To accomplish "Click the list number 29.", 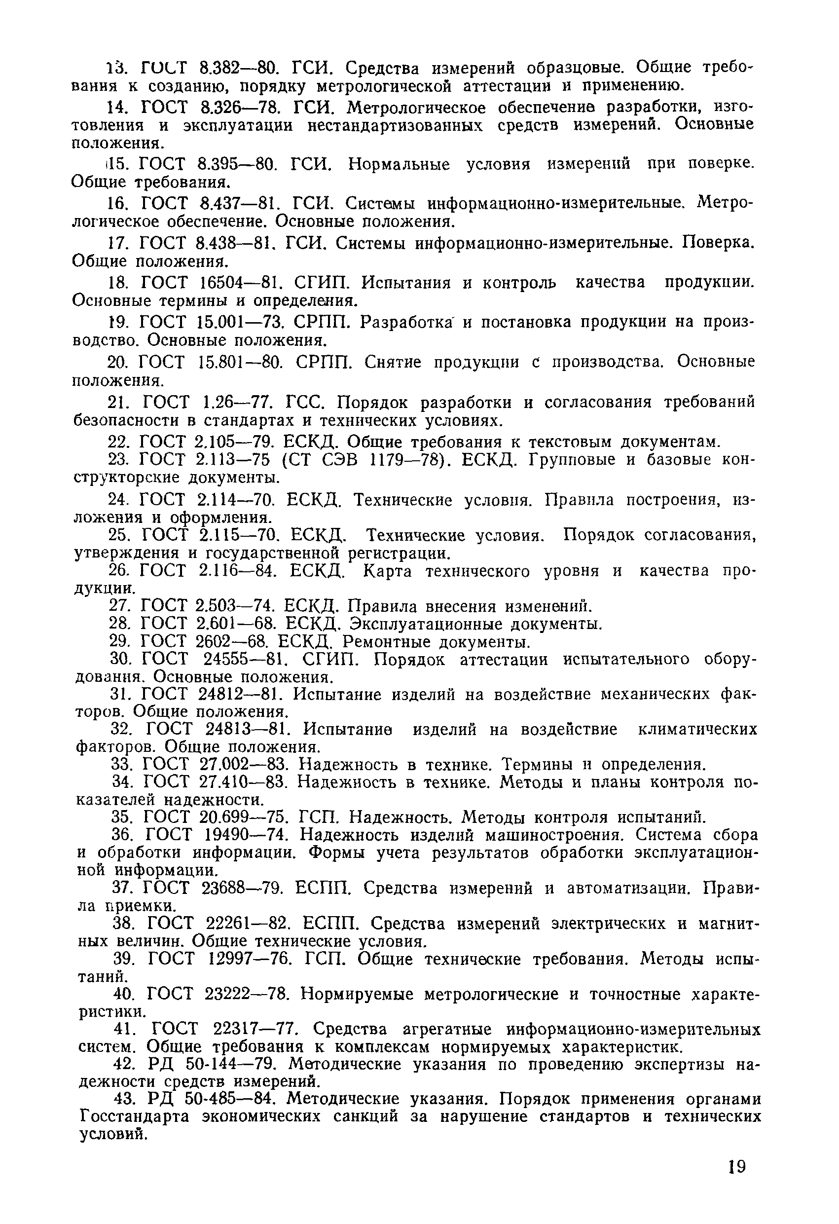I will point(119,641).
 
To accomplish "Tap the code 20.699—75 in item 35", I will point(244,817).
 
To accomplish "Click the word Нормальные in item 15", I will point(399,164).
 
